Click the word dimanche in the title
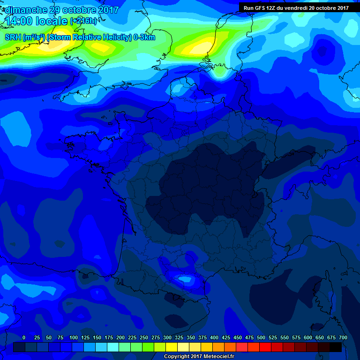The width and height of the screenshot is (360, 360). pyautogui.click(x=26, y=10)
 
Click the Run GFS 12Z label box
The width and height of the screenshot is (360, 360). pyautogui.click(x=296, y=8)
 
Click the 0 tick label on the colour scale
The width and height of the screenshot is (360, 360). pyautogui.click(x=24, y=337)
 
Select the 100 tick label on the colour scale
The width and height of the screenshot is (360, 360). pyautogui.click(x=74, y=337)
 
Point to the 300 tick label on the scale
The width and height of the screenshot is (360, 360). pyautogui.click(x=167, y=337)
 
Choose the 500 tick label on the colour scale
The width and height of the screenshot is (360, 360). pyautogui.click(x=261, y=337)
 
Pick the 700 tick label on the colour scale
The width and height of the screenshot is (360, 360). pyautogui.click(x=343, y=337)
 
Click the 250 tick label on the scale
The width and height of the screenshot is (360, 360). pyautogui.click(x=144, y=337)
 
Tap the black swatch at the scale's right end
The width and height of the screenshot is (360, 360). pyautogui.click(x=336, y=347)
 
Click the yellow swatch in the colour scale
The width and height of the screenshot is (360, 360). pyautogui.click(x=172, y=347)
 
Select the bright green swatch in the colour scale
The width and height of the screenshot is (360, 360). pyautogui.click(x=148, y=347)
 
